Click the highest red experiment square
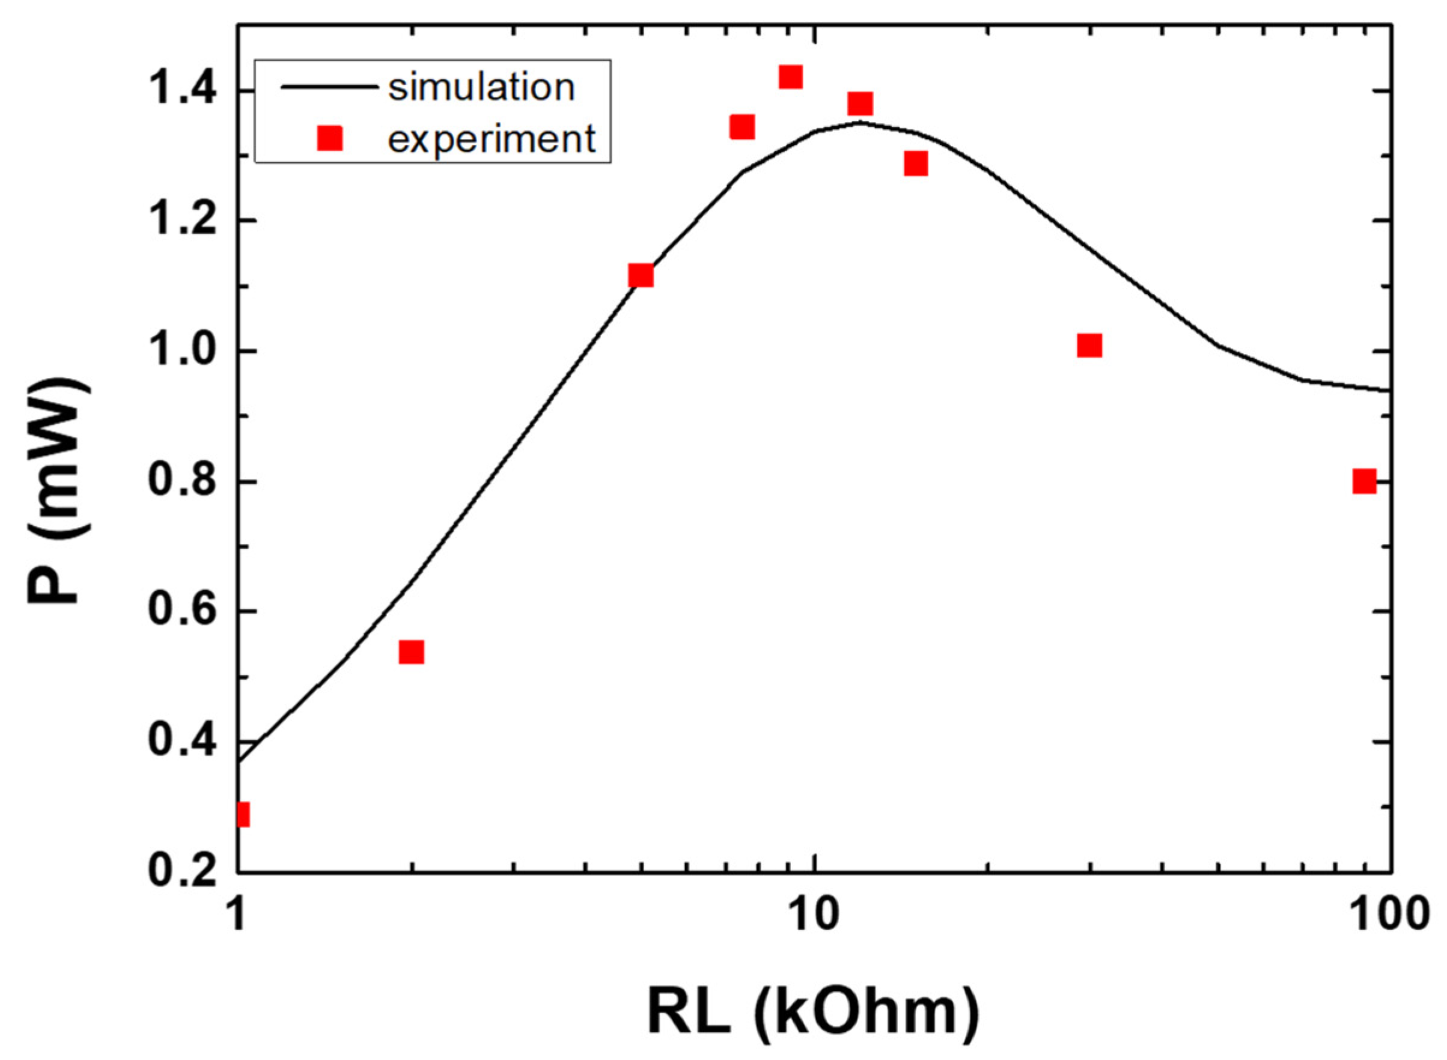coord(790,77)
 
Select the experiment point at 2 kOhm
coord(411,652)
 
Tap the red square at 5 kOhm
coord(641,275)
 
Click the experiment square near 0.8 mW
coord(1364,481)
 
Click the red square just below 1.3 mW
coord(916,164)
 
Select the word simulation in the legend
coord(481,88)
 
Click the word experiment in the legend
coord(492,139)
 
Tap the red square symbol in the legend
coord(330,138)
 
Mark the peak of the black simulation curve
coord(859,123)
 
